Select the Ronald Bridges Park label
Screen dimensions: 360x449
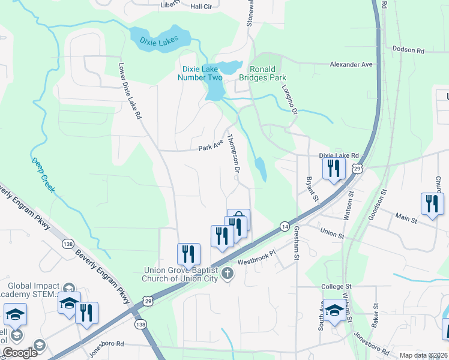(x=262, y=73)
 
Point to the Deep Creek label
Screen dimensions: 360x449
(x=41, y=172)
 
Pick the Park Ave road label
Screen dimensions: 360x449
(x=211, y=145)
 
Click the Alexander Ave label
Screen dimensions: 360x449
(x=351, y=64)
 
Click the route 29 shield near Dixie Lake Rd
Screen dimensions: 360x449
(x=357, y=171)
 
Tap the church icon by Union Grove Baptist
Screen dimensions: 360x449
(x=227, y=274)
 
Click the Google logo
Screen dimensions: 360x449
(x=20, y=353)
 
